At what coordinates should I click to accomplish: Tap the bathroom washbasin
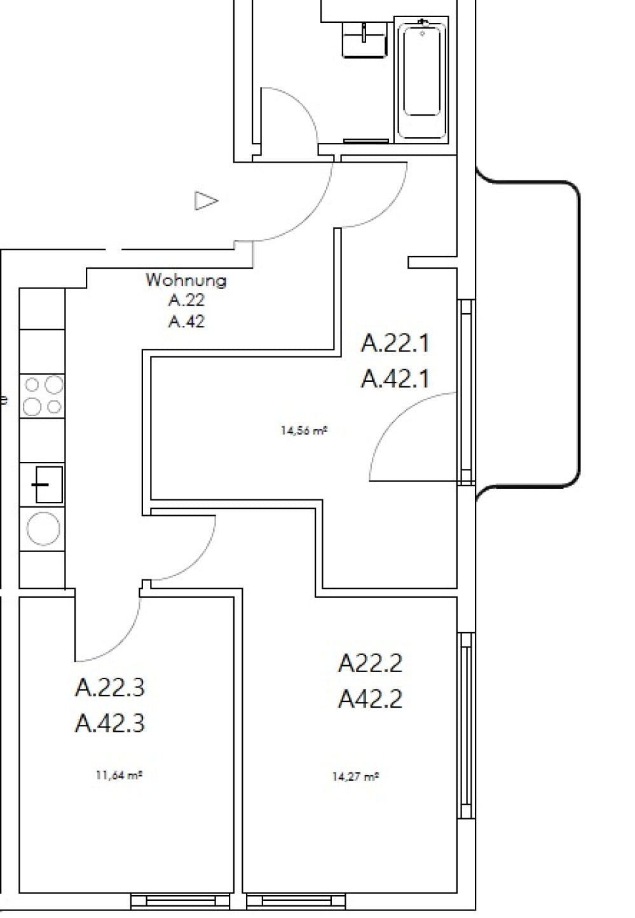[364, 39]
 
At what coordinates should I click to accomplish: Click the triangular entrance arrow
[205, 201]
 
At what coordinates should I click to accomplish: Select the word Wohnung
[186, 280]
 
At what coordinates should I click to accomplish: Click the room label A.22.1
[395, 343]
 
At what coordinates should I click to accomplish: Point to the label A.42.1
[395, 379]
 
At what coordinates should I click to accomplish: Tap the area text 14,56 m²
[304, 430]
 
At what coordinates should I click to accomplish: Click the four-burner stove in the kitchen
[43, 395]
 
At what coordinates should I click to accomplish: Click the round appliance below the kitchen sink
[43, 529]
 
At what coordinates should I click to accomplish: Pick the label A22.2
[370, 664]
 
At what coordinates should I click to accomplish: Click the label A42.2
[370, 699]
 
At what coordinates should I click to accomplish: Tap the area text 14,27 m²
[355, 776]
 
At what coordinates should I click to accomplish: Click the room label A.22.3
[110, 687]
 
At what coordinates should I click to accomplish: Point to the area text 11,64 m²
[118, 774]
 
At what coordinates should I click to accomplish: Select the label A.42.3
[110, 723]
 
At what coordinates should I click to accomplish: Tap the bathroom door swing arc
[292, 114]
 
